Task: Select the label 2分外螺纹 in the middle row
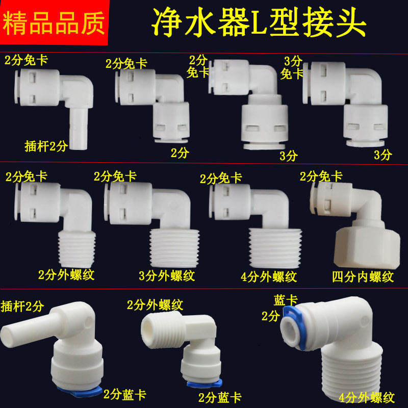66,275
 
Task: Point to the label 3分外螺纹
167,276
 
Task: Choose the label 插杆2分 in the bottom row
23,306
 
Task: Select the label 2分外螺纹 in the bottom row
155,305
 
